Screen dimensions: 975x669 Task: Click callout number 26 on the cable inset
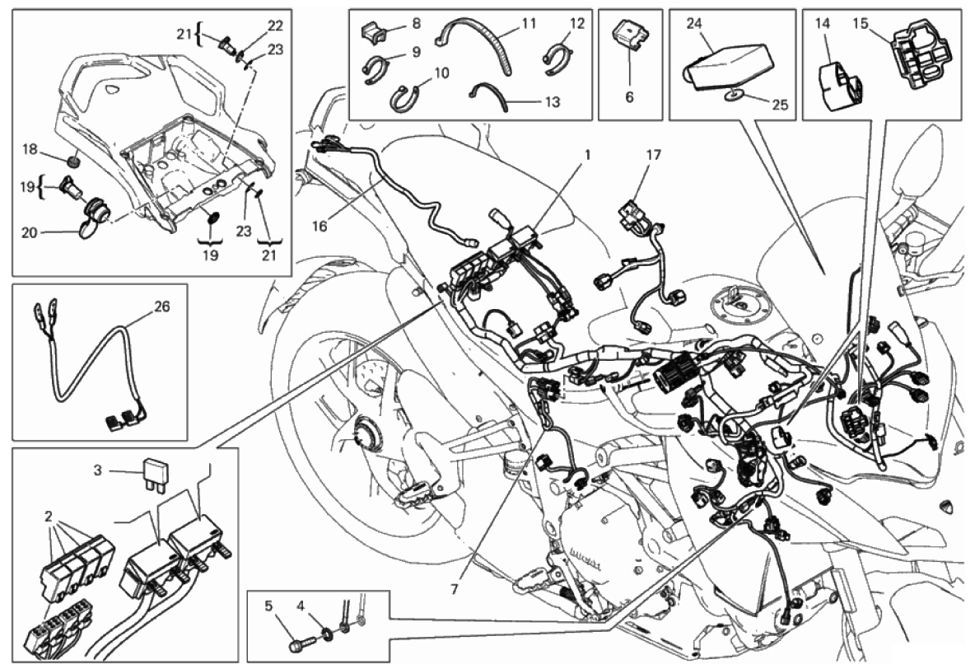coord(161,306)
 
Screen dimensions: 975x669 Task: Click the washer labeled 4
coord(325,634)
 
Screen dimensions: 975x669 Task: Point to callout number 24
coord(694,24)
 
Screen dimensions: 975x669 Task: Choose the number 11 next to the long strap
coord(529,24)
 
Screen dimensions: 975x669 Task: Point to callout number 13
coord(553,101)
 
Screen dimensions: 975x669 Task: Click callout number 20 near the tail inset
coord(30,232)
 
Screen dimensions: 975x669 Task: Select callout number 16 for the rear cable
coord(320,226)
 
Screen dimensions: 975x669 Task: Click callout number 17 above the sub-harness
coord(654,154)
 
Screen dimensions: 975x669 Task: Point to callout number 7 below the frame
coord(454,588)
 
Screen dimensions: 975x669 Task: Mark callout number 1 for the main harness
coord(586,154)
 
